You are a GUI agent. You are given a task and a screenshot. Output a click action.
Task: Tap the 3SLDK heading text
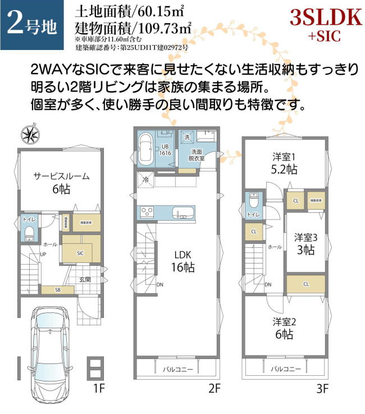[x=325, y=17]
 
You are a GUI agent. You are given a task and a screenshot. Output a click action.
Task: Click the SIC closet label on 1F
[x=80, y=253]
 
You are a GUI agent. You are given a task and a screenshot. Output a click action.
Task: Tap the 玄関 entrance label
[x=85, y=279]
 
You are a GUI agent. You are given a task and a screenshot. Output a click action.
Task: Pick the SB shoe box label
[x=57, y=290]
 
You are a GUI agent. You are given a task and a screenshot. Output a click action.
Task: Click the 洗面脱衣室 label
[x=197, y=155]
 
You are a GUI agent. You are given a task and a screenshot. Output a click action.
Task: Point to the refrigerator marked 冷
[x=145, y=180]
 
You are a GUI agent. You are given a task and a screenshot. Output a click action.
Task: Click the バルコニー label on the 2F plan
[x=176, y=369]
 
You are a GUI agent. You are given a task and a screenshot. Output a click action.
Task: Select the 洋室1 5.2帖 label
[x=285, y=163]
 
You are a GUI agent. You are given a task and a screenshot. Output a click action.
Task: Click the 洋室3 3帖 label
[x=305, y=243]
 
